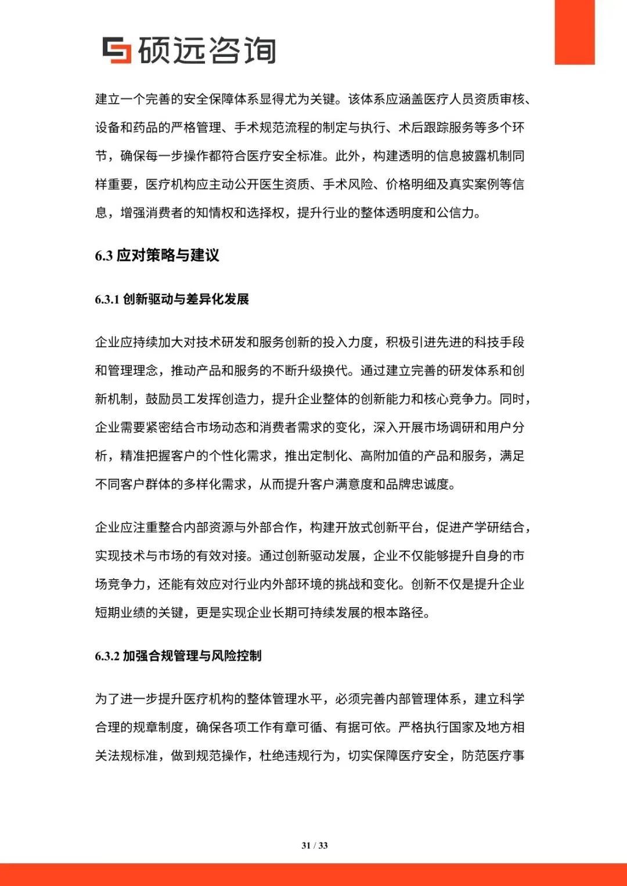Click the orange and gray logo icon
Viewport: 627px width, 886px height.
point(116,50)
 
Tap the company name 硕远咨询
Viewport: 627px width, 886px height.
point(207,50)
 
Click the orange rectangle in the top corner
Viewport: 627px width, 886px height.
point(574,32)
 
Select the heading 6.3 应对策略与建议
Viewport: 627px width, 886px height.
point(157,255)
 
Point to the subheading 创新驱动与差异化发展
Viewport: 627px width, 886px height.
point(186,299)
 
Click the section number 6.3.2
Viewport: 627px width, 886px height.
point(107,656)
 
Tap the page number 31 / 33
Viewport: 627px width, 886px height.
point(315,845)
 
